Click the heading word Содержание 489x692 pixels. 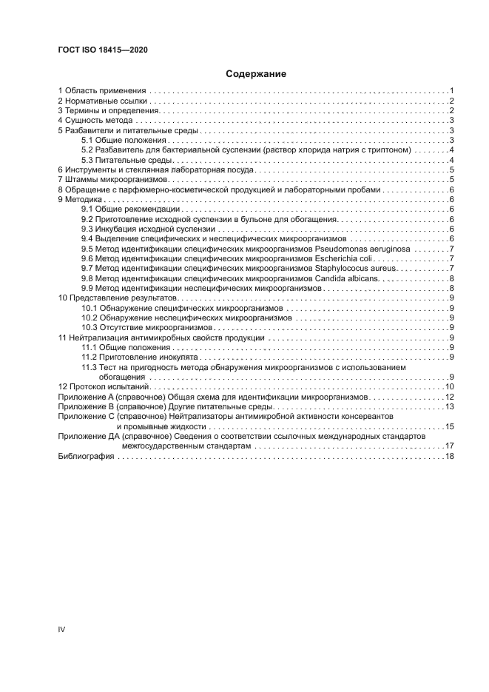click(x=256, y=74)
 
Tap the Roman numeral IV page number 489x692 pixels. click(x=62, y=628)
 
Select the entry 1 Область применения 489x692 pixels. click(x=101, y=90)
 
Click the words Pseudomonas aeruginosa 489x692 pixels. click(x=394, y=249)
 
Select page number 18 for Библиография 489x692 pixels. click(x=449, y=457)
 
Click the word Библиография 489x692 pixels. click(x=86, y=457)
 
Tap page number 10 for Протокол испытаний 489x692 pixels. click(x=449, y=387)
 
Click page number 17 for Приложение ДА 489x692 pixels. click(x=449, y=447)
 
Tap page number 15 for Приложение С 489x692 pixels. click(x=449, y=427)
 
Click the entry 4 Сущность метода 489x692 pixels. click(x=95, y=120)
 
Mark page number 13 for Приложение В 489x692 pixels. click(x=449, y=407)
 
